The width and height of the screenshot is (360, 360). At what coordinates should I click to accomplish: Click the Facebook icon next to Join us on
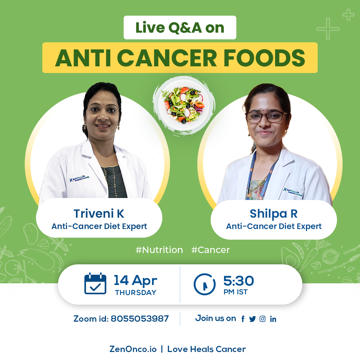[243, 319]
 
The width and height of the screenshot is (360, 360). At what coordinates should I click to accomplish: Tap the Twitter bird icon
[252, 319]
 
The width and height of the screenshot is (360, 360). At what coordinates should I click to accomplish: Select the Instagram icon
[262, 319]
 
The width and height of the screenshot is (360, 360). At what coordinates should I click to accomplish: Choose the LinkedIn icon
[273, 319]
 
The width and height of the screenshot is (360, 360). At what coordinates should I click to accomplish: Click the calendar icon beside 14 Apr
[95, 284]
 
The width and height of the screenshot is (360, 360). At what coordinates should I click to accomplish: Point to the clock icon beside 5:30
[205, 284]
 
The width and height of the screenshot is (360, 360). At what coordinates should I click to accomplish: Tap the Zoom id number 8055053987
[140, 319]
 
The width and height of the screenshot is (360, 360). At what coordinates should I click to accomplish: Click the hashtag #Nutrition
[159, 250]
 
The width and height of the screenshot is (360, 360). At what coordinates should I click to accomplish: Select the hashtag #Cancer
[211, 250]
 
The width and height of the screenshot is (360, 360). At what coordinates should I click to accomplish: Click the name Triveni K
[99, 214]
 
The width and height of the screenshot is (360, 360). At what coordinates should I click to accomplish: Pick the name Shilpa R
[274, 214]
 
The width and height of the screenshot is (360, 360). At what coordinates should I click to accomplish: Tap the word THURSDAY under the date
[136, 293]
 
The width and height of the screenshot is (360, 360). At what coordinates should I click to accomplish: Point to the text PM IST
[236, 292]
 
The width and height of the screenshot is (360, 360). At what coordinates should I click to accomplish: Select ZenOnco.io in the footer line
[133, 349]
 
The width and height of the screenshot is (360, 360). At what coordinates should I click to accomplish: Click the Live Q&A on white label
[180, 28]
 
